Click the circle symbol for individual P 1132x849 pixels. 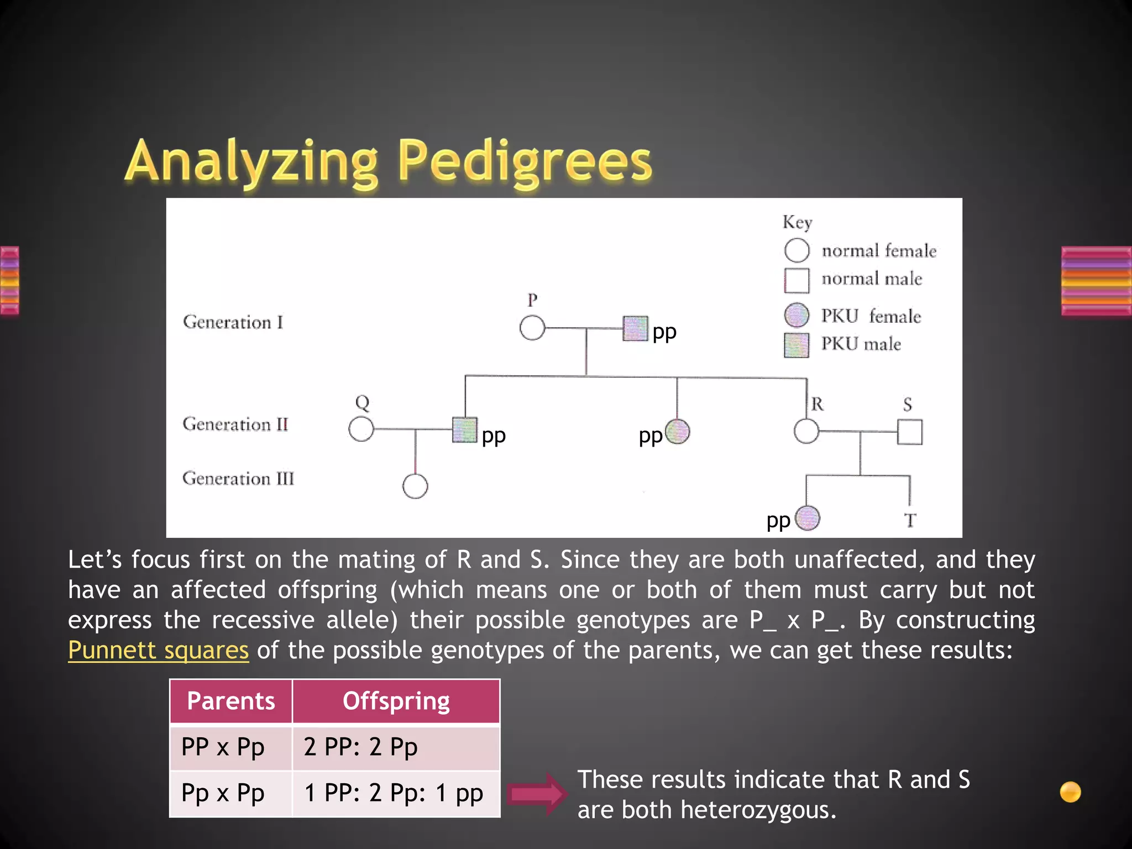[x=532, y=328]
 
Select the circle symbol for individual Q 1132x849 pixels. [x=361, y=429]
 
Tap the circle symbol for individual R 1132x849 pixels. [x=806, y=431]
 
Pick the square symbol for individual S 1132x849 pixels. [x=909, y=432]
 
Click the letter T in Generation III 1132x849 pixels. [x=910, y=520]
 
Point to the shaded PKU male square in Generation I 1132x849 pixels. [x=635, y=328]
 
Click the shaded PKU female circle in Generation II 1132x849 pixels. [x=677, y=432]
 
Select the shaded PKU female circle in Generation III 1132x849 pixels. [x=808, y=518]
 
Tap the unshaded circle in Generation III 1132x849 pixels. [x=415, y=486]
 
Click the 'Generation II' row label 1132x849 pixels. [x=235, y=424]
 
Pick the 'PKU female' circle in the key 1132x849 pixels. [x=796, y=315]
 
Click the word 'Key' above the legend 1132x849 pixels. [x=797, y=222]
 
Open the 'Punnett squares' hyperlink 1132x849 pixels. [x=158, y=650]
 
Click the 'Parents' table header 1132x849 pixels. [x=230, y=701]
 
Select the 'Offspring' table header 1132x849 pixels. [x=396, y=701]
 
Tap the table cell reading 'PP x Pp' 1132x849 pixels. [x=230, y=747]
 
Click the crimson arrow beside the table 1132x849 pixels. [x=536, y=794]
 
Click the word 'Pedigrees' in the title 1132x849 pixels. [x=525, y=161]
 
